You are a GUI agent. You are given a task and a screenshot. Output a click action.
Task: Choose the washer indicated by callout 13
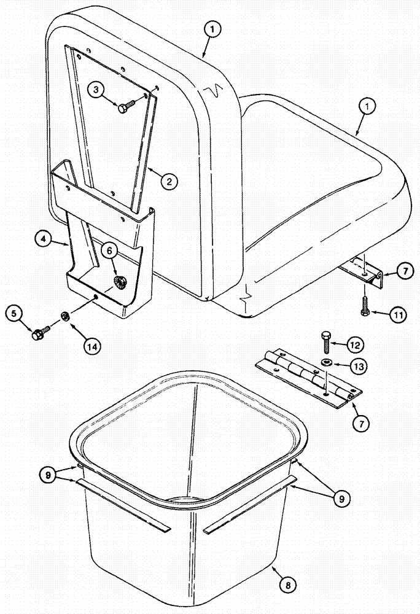pos(325,360)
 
